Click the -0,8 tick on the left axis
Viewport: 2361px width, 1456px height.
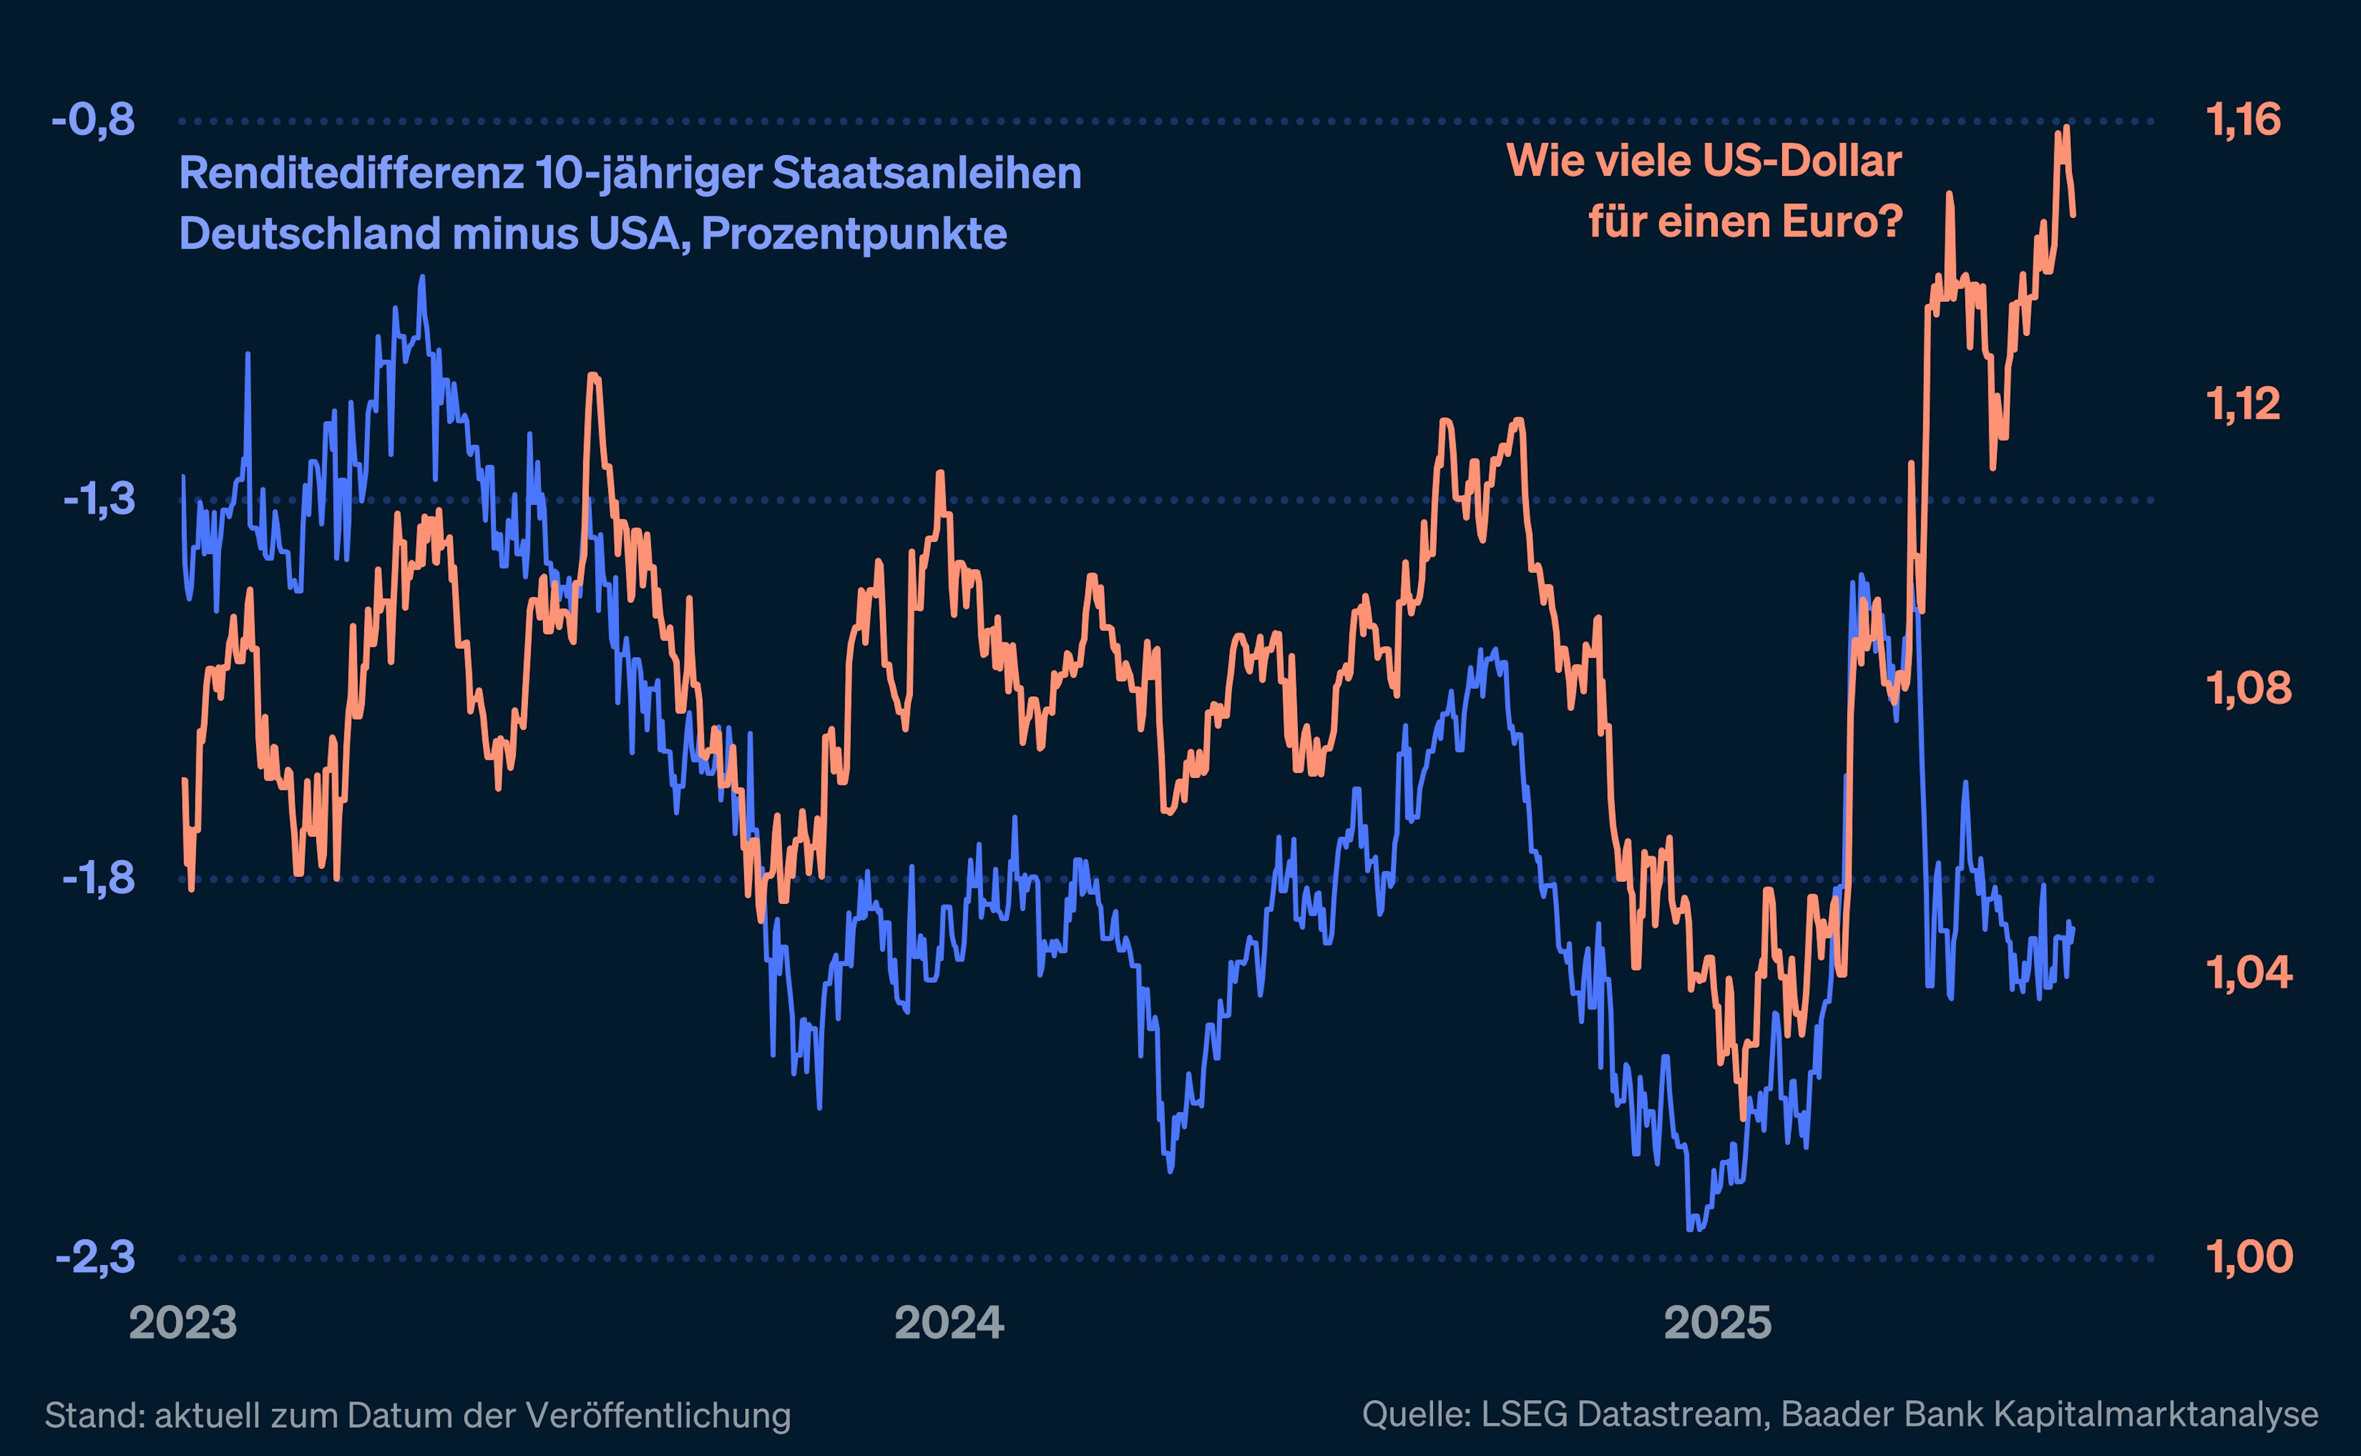[x=93, y=121]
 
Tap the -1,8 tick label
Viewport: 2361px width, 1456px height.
[x=99, y=879]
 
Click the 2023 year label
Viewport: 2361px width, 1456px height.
[x=183, y=1323]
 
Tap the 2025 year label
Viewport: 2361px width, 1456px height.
[x=1717, y=1323]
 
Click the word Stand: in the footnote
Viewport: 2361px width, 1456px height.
[x=95, y=1415]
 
